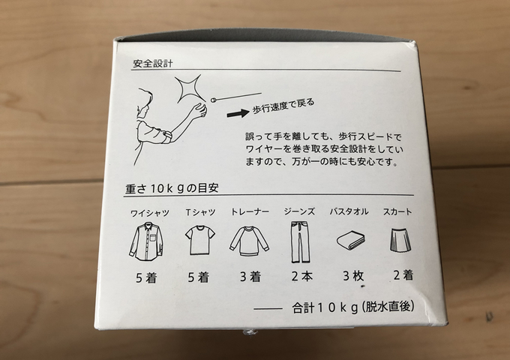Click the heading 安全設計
(152, 64)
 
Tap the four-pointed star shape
(189, 88)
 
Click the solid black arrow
(238, 113)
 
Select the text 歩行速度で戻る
(283, 106)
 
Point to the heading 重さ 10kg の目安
(172, 188)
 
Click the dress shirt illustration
(146, 241)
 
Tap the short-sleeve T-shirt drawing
(200, 240)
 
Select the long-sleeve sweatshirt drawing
(250, 241)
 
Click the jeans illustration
(300, 242)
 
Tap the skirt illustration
(400, 239)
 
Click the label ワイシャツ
(150, 213)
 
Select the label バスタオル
(349, 211)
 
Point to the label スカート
(397, 211)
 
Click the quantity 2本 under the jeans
(301, 277)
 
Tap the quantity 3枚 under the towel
(353, 276)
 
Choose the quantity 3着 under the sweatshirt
(250, 277)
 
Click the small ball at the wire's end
(214, 100)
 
